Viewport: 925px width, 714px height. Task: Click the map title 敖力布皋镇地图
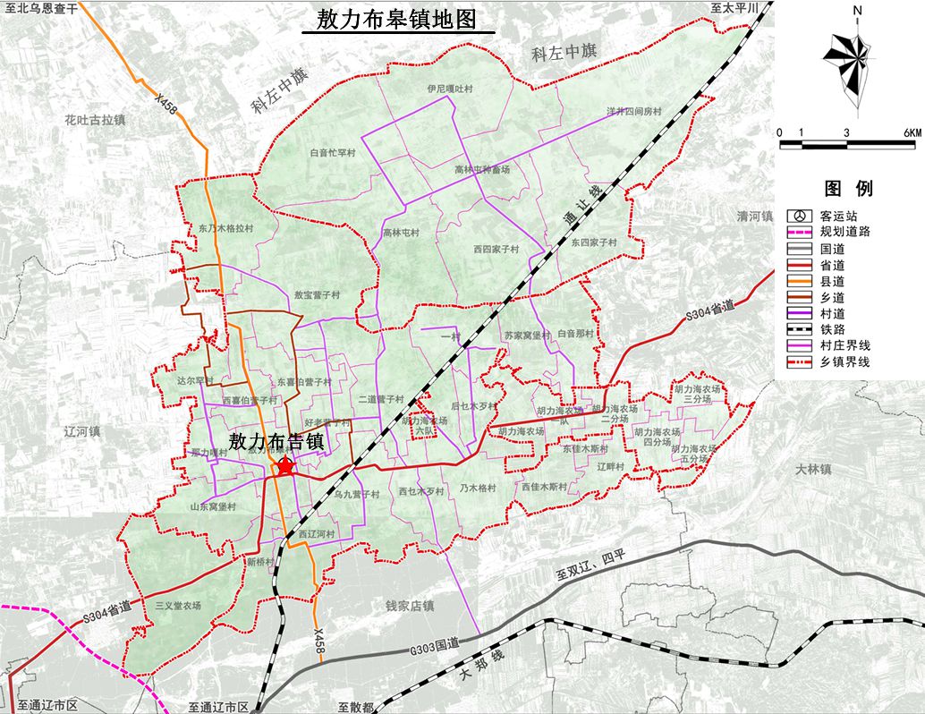click(397, 20)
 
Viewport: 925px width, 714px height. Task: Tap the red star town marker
click(285, 466)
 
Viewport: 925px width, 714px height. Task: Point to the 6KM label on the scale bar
click(912, 132)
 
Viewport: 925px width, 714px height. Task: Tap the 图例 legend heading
click(848, 188)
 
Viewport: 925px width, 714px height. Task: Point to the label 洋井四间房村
click(633, 112)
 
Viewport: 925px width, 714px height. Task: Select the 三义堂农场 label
click(177, 606)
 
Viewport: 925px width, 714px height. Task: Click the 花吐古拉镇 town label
click(95, 118)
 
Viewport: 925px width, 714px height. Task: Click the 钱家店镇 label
click(409, 606)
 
